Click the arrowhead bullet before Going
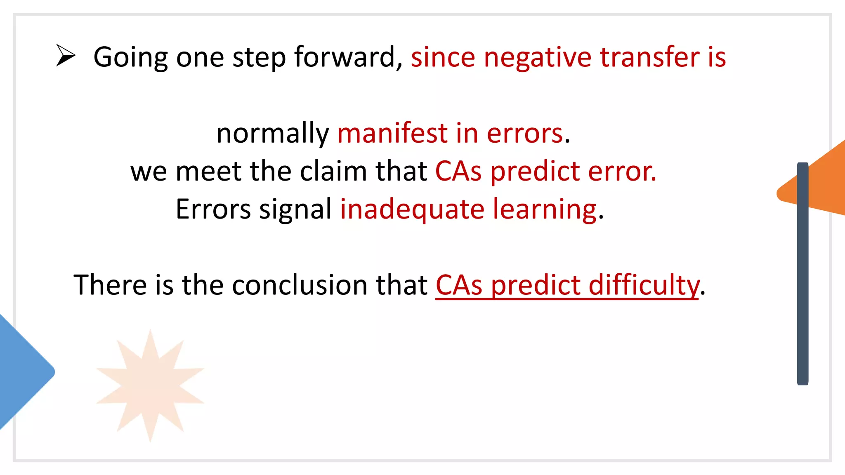click(x=66, y=56)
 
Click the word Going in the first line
click(x=130, y=57)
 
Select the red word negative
click(x=538, y=57)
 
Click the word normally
click(x=272, y=134)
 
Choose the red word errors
click(x=525, y=134)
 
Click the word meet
click(x=208, y=171)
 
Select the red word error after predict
click(x=622, y=172)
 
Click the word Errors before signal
click(x=213, y=209)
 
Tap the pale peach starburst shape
click(x=150, y=385)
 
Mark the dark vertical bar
click(x=803, y=274)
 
